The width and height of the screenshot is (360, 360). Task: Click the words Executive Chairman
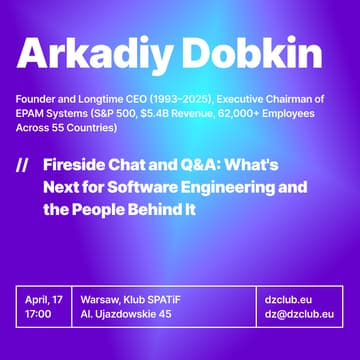click(290, 98)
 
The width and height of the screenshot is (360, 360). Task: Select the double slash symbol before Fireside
click(22, 163)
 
